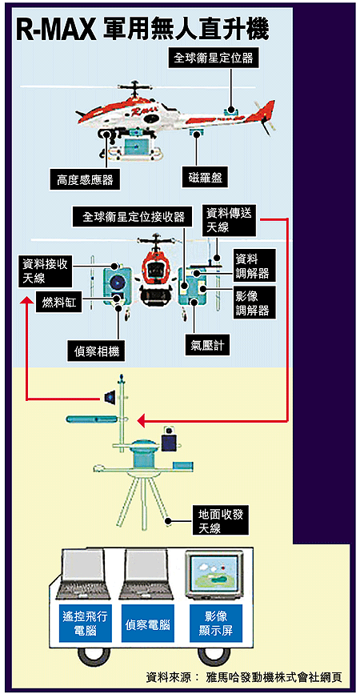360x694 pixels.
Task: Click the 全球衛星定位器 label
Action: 213,58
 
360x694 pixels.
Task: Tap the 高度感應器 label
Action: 85,180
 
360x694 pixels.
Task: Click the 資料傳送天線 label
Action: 229,221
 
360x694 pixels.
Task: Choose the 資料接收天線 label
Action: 45,271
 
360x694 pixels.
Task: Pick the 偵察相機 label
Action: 96,352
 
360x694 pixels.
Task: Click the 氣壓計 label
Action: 207,346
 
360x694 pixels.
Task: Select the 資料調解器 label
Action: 252,266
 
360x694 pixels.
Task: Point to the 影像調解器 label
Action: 252,303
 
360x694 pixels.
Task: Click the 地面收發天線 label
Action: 221,520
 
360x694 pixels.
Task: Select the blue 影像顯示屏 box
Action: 216,623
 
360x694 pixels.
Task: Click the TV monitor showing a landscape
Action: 214,574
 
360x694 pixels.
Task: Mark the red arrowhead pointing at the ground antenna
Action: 142,420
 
